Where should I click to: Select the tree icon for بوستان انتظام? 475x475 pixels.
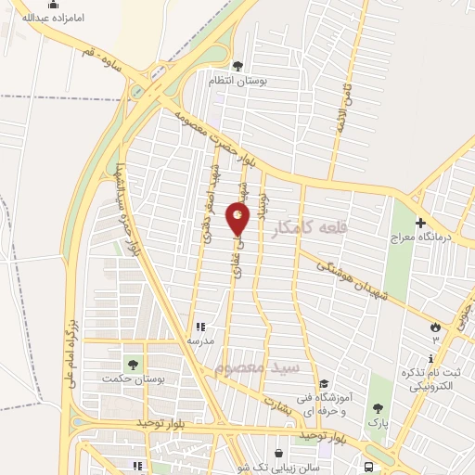(238, 66)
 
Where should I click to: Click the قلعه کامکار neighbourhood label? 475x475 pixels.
(313, 225)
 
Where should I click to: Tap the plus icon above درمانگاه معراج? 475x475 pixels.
(420, 223)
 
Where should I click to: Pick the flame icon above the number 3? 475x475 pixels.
(433, 325)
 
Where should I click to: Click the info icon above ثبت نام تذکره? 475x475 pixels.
(432, 359)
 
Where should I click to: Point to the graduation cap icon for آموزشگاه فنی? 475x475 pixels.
(324, 384)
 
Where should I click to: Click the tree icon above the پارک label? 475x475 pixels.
(377, 407)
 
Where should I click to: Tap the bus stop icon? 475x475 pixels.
(369, 466)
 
